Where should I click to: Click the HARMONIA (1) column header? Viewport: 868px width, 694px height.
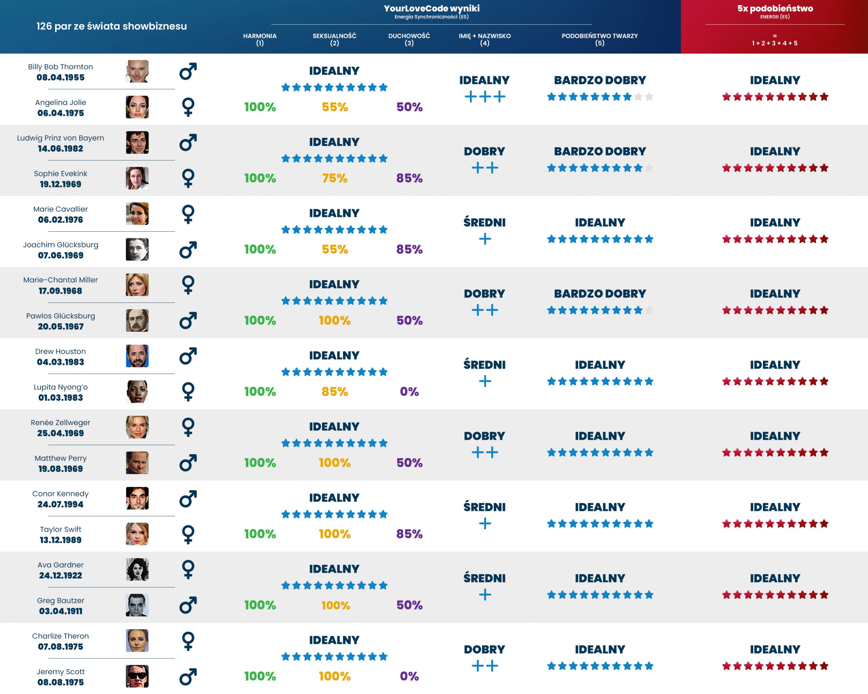pyautogui.click(x=260, y=39)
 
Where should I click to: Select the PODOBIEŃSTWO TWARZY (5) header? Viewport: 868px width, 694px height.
pyautogui.click(x=599, y=39)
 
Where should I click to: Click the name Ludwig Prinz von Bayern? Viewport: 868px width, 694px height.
pyautogui.click(x=60, y=138)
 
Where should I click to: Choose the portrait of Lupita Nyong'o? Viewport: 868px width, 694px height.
pyautogui.click(x=137, y=391)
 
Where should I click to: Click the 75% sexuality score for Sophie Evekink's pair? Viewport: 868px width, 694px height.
pyautogui.click(x=335, y=178)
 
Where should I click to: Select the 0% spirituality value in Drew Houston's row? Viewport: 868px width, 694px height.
pyautogui.click(x=409, y=391)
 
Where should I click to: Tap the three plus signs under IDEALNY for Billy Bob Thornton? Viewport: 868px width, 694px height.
pyautogui.click(x=485, y=97)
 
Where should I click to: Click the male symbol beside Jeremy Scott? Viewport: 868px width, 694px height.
pyautogui.click(x=188, y=676)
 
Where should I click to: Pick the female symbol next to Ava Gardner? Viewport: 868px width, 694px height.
pyautogui.click(x=188, y=569)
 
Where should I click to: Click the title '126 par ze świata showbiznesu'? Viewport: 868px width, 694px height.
pyautogui.click(x=112, y=26)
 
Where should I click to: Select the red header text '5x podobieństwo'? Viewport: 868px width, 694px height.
pyautogui.click(x=775, y=8)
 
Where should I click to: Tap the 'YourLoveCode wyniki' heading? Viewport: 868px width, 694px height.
pyautogui.click(x=432, y=8)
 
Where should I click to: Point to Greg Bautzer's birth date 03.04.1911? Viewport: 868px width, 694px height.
pyautogui.click(x=60, y=611)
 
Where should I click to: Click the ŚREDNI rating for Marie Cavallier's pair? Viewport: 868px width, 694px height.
pyautogui.click(x=484, y=222)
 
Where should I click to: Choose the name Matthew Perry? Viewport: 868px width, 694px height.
pyautogui.click(x=60, y=458)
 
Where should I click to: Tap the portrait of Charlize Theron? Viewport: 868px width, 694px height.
pyautogui.click(x=137, y=640)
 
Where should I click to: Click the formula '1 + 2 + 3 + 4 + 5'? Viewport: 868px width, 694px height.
pyautogui.click(x=775, y=43)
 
